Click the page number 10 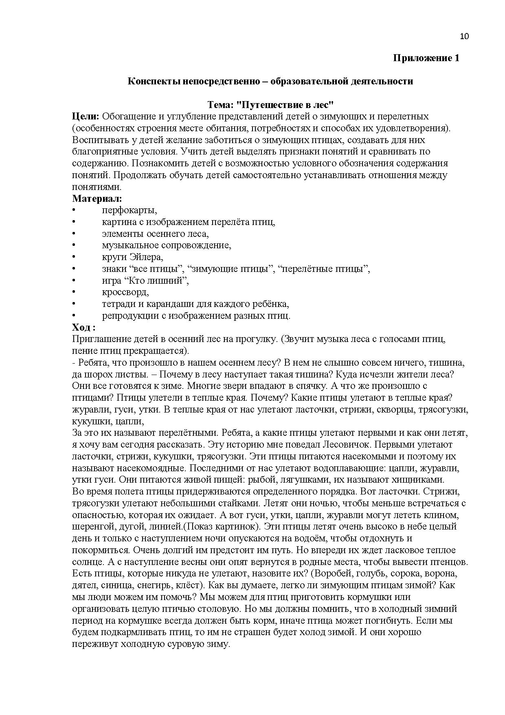464,36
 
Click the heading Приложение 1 426,58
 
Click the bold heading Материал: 97,199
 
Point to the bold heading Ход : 84,328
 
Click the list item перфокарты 129,210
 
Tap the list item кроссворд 125,292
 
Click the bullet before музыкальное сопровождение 74,245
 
